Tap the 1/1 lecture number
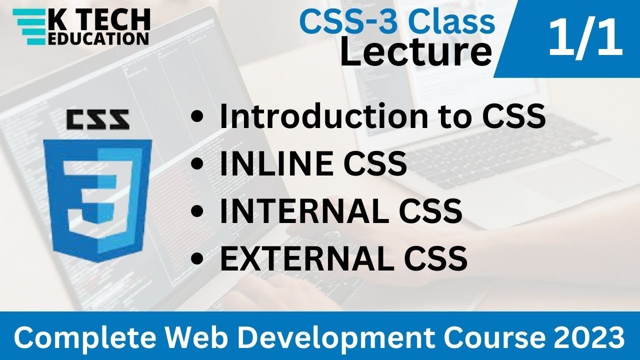point(585,39)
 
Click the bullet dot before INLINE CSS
point(198,164)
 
